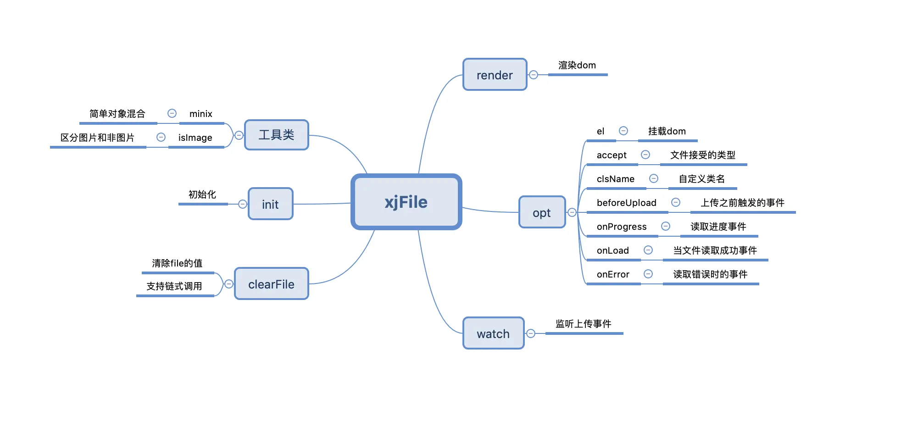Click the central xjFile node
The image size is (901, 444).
tap(406, 202)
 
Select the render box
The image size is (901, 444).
tap(495, 75)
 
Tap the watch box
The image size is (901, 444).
tap(493, 333)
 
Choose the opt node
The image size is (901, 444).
tap(542, 212)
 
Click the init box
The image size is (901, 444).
tap(270, 204)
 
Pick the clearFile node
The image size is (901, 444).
tap(271, 284)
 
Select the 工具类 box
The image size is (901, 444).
tap(276, 135)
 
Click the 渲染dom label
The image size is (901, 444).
tap(577, 65)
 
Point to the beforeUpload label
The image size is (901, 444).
tap(626, 203)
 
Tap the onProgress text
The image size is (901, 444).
tap(622, 227)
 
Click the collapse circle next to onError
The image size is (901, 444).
tap(648, 274)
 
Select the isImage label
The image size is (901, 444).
tap(195, 138)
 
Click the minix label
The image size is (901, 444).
tap(200, 114)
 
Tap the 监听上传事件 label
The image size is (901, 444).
tap(583, 324)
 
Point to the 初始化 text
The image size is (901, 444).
tap(202, 194)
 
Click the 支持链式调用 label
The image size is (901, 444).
tap(174, 286)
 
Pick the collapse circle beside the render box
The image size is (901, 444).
tap(534, 75)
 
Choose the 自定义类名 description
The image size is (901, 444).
tap(702, 179)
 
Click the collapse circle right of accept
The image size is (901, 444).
tap(645, 155)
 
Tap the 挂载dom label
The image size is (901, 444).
tap(667, 131)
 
